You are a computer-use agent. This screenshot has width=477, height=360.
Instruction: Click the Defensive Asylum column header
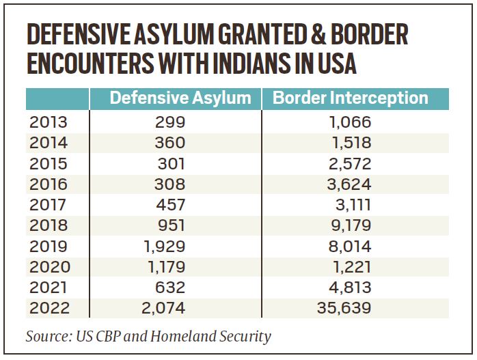[180, 98]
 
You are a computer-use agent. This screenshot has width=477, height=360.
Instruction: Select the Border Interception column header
[351, 98]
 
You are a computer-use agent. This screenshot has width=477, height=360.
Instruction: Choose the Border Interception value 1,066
[348, 123]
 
